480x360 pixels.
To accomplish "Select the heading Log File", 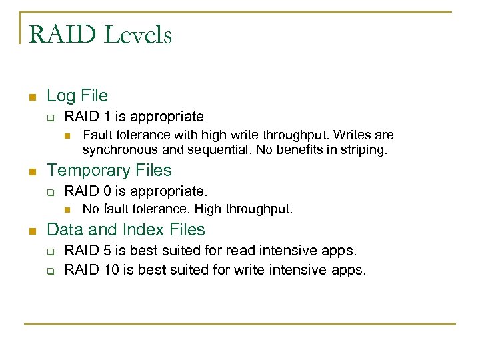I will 77,96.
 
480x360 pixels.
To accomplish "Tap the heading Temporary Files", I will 109,171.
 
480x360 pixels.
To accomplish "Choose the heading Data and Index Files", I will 126,230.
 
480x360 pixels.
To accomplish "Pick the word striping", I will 363,150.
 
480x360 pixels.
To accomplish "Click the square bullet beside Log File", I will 31,97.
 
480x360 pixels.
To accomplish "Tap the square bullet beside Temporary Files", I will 31,172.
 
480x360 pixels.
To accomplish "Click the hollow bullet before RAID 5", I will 50,252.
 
